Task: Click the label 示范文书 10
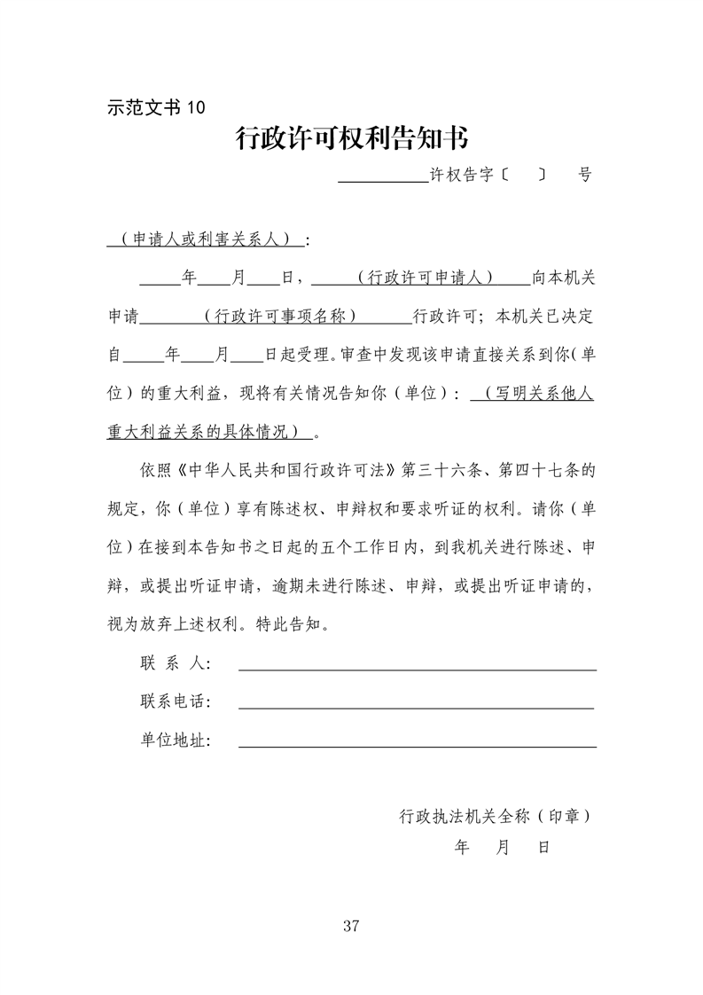coord(155,108)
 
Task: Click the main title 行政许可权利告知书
coord(351,138)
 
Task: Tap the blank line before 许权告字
coord(383,176)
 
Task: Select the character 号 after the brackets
coord(584,175)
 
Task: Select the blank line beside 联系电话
coord(417,708)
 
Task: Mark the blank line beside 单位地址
coord(417,746)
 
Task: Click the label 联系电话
coord(175,702)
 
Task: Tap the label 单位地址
coord(175,740)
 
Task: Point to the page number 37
coord(350,927)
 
